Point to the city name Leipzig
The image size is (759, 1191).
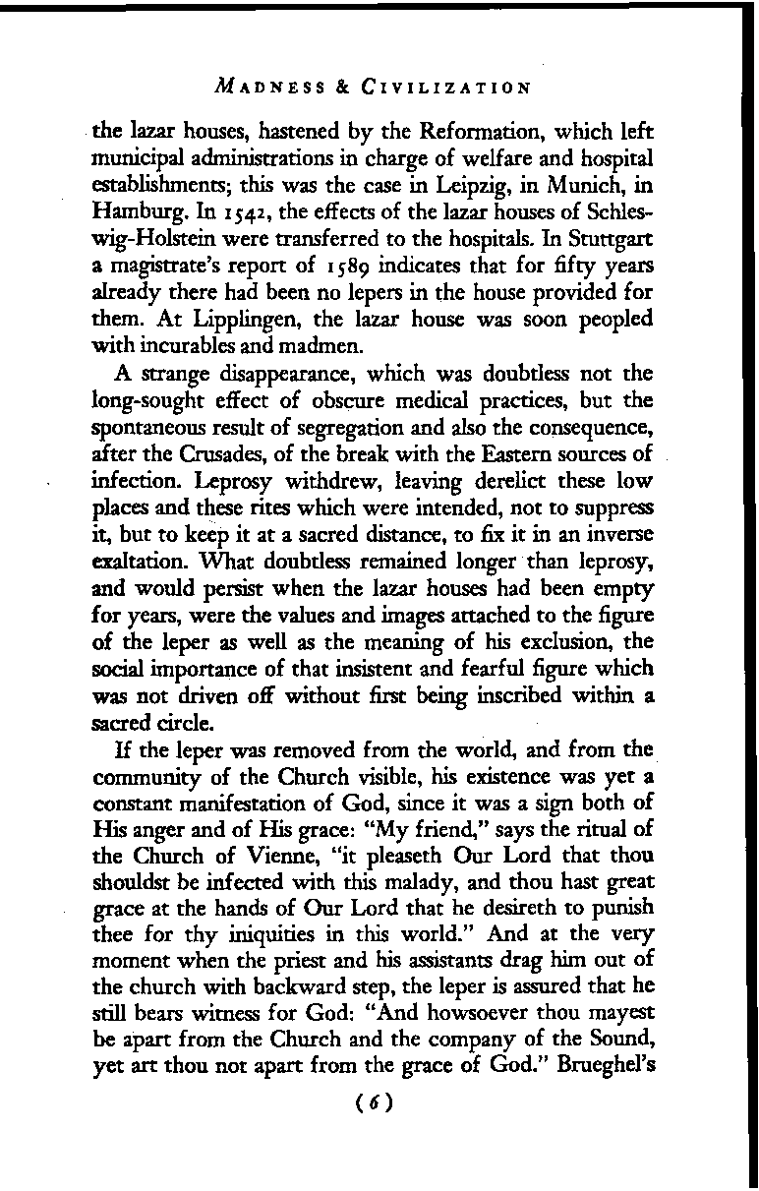point(442,181)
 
